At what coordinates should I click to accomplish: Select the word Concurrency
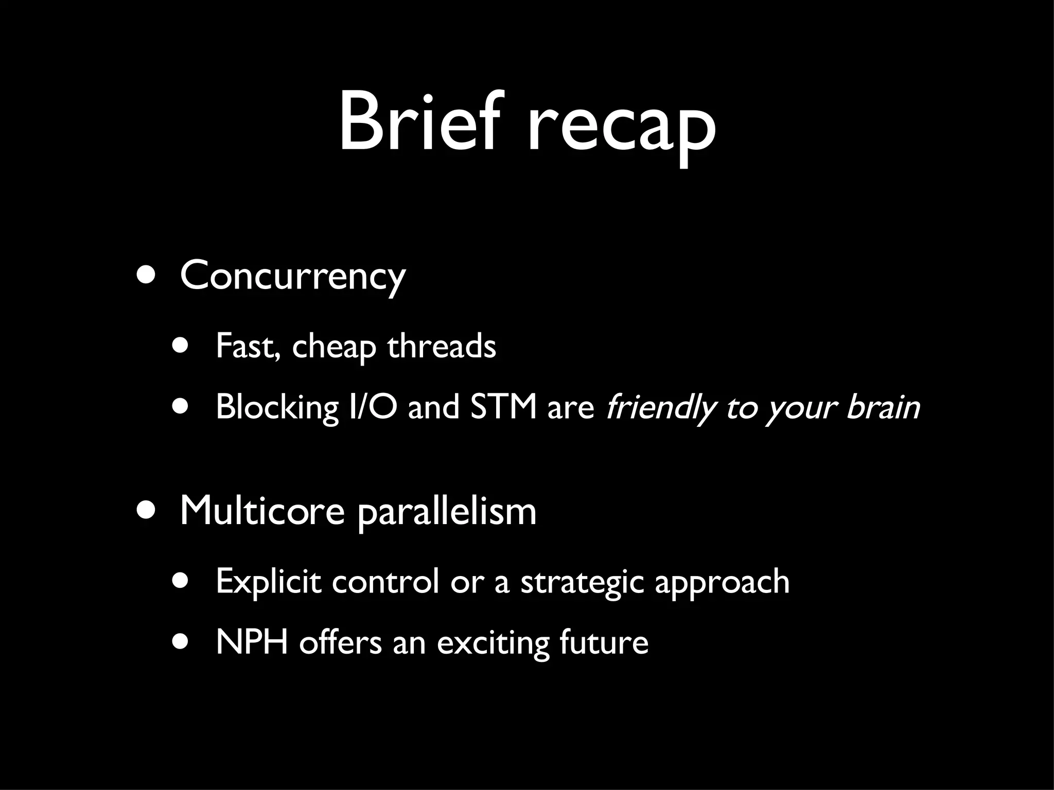pos(293,276)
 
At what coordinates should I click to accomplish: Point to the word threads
pos(442,346)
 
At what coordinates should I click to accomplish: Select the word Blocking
pos(277,407)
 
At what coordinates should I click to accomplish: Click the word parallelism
pos(446,512)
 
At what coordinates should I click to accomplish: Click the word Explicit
pos(268,582)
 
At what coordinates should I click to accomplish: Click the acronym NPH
pos(252,642)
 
